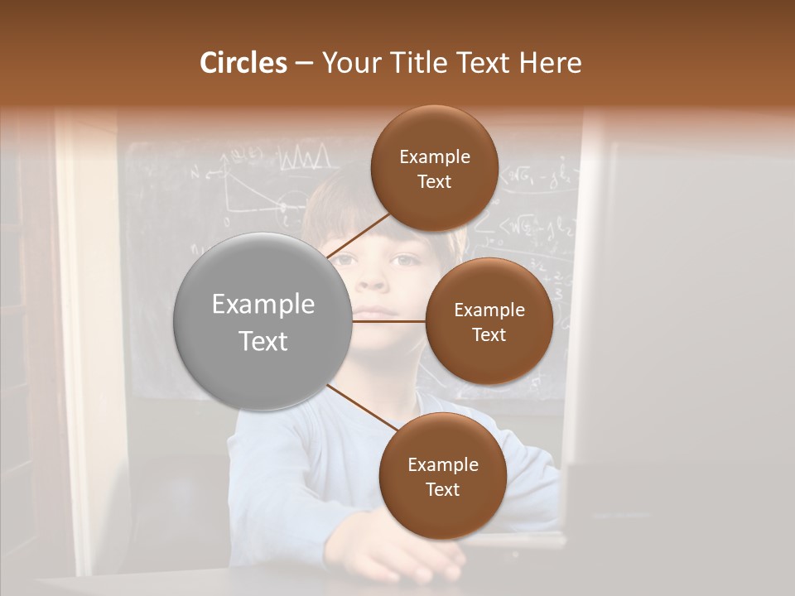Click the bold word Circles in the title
pyautogui.click(x=243, y=63)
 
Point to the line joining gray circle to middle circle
pyautogui.click(x=388, y=321)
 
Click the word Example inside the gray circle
pyautogui.click(x=263, y=305)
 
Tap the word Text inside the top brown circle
pyautogui.click(x=434, y=182)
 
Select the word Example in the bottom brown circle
pyautogui.click(x=442, y=464)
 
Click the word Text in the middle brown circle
pyautogui.click(x=489, y=334)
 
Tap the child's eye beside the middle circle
pyautogui.click(x=405, y=260)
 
